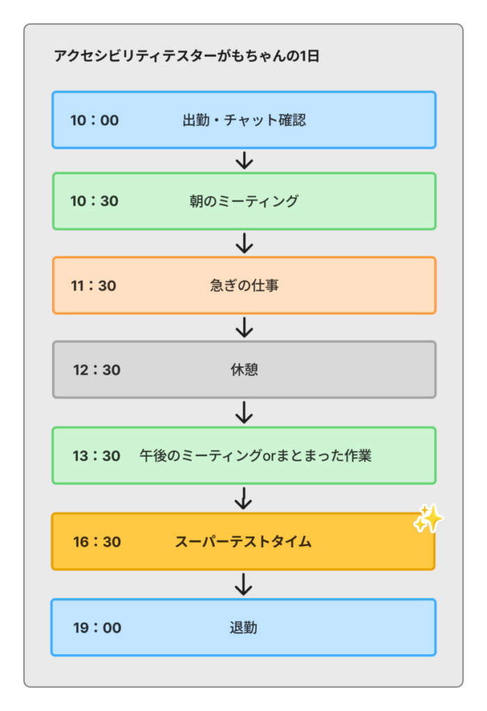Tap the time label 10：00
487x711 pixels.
94,120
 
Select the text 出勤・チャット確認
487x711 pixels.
244,120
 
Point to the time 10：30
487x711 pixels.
94,201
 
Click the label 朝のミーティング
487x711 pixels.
244,201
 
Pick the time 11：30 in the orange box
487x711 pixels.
94,285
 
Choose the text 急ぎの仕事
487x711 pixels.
244,285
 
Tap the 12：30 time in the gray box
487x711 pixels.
97,370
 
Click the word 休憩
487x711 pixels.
244,370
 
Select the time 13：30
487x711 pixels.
97,456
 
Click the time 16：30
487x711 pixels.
97,542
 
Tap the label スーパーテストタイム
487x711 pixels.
243,542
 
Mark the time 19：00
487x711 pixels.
97,628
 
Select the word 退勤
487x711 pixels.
243,628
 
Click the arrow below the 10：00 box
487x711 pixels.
244,160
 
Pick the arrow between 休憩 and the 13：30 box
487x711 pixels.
244,412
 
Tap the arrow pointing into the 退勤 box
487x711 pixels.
243,585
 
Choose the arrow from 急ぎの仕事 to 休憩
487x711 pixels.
244,327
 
